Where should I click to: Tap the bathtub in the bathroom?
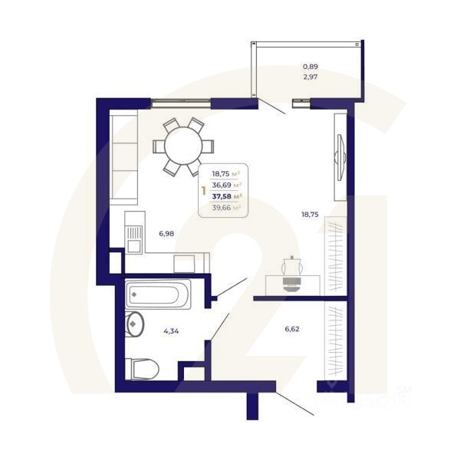159,294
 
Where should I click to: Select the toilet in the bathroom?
142,369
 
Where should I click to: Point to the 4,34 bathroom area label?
171,331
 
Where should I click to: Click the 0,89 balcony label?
310,67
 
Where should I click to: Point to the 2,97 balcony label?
310,77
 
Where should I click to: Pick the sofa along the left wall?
122,156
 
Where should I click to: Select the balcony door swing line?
271,107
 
